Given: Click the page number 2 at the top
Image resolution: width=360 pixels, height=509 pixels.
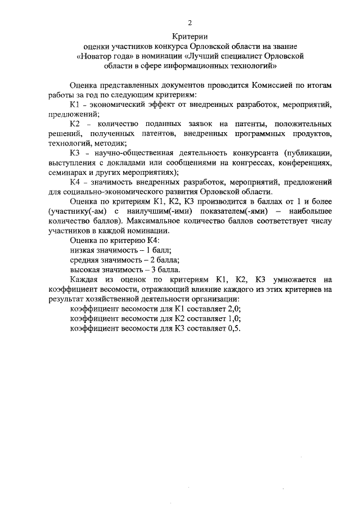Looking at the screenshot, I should coord(190,23).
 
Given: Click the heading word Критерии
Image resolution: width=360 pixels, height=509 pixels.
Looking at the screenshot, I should coord(190,37).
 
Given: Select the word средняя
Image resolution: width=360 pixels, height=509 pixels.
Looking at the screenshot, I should coord(85,259).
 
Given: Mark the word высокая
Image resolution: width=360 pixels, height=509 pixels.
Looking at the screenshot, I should coord(86,269).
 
